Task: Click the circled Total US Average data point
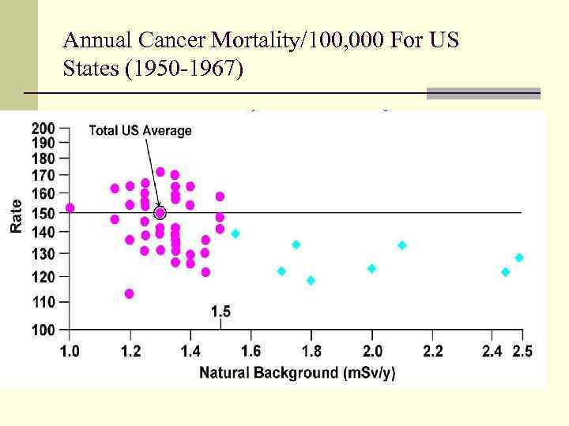click(x=160, y=213)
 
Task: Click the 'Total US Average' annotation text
click(x=140, y=130)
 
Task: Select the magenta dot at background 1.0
click(x=70, y=208)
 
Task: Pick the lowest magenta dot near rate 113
click(x=130, y=293)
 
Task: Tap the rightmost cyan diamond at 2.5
click(x=519, y=258)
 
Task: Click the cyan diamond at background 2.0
click(x=371, y=268)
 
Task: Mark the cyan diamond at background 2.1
click(x=401, y=245)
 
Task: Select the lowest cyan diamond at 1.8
click(x=311, y=280)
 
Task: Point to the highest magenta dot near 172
click(x=160, y=172)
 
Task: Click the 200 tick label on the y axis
click(x=43, y=128)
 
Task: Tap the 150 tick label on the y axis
click(x=43, y=213)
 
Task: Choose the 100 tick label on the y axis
click(x=43, y=330)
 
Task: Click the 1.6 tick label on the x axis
click(x=251, y=349)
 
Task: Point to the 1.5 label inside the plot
click(x=220, y=312)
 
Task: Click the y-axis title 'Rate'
click(x=16, y=215)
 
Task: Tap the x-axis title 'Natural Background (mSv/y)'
click(x=297, y=372)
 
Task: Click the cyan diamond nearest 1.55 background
click(x=235, y=234)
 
